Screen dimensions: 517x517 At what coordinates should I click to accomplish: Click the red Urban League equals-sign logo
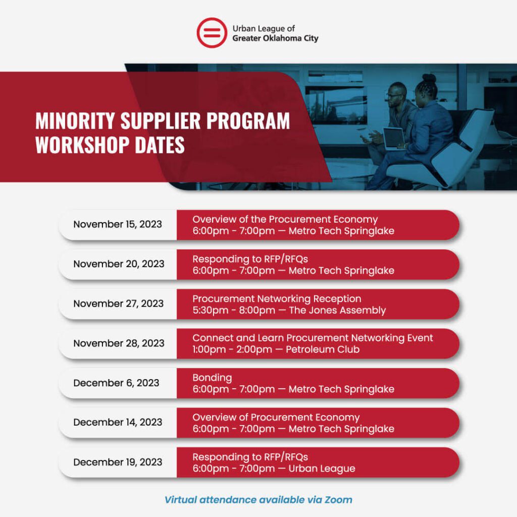click(x=212, y=33)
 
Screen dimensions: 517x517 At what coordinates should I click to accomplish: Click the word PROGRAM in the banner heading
click(x=248, y=121)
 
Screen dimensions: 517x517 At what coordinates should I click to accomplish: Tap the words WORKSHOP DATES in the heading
click(x=110, y=145)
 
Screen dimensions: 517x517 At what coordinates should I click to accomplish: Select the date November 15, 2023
click(x=118, y=224)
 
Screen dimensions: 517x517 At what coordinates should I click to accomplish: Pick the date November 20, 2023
click(x=119, y=264)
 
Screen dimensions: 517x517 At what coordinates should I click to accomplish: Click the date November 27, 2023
click(x=118, y=303)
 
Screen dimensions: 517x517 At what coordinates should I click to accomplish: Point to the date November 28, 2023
click(x=119, y=343)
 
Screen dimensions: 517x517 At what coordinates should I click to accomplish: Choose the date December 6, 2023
click(x=116, y=383)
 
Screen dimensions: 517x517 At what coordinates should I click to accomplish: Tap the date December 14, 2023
click(x=118, y=423)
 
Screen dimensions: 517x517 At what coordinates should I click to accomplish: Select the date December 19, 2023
click(x=118, y=462)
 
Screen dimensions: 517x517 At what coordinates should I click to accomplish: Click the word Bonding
click(x=213, y=378)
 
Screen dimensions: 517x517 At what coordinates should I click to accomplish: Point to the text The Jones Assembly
click(x=337, y=311)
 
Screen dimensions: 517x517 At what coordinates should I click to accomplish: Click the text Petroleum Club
click(x=323, y=349)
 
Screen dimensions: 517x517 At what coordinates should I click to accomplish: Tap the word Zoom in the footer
click(x=338, y=500)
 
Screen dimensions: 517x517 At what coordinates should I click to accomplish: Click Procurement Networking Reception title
click(x=277, y=299)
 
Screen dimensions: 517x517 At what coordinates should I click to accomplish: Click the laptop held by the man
click(x=393, y=138)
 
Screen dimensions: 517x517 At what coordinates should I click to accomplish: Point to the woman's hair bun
click(x=429, y=78)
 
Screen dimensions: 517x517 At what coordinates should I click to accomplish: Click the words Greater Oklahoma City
click(x=275, y=38)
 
